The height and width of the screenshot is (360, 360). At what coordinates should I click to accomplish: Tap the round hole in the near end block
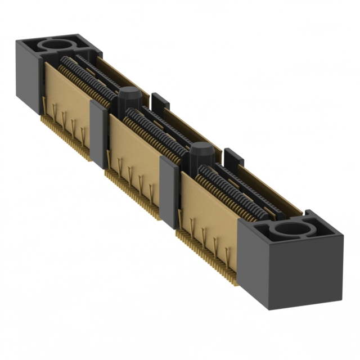291,228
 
